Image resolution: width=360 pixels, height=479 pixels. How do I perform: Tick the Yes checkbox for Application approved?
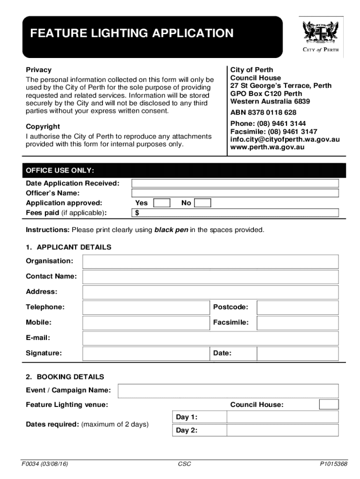[x=162, y=203]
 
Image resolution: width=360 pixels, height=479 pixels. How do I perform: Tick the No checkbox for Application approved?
[x=202, y=203]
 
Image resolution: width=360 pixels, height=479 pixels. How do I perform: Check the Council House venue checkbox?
[x=329, y=405]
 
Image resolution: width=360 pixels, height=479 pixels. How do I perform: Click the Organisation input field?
[x=210, y=261]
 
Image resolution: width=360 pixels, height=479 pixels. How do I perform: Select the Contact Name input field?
[x=210, y=276]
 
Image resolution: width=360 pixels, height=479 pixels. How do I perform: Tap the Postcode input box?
[x=297, y=307]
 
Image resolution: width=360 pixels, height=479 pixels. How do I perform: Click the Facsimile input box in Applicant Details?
[x=297, y=323]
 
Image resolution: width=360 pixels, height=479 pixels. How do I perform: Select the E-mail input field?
[x=210, y=338]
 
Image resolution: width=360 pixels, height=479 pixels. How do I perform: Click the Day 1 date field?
[x=282, y=417]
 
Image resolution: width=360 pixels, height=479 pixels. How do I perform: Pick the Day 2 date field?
[x=282, y=430]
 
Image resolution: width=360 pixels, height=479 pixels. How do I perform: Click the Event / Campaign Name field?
[x=228, y=391]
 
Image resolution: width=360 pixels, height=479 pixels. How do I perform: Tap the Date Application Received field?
[x=235, y=183]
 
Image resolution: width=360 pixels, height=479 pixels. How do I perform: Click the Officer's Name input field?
[x=235, y=193]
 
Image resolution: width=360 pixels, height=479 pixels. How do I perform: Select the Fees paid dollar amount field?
[x=238, y=213]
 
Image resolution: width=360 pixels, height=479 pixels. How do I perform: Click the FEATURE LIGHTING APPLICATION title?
[x=132, y=34]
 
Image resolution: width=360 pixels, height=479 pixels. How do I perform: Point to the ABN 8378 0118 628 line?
[x=263, y=113]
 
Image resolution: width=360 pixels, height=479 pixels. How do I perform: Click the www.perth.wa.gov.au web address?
[x=267, y=147]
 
